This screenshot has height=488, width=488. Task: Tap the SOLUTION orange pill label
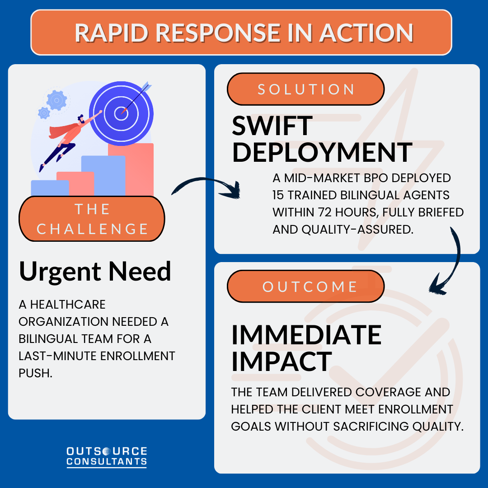tap(305, 89)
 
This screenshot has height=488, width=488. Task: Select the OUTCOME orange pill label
tap(305, 286)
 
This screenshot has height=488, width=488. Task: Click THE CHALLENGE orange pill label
tap(92, 219)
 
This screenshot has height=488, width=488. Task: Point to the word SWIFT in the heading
tap(272, 126)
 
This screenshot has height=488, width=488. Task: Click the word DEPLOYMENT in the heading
tap(322, 152)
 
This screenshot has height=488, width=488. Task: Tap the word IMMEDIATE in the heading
tap(306, 335)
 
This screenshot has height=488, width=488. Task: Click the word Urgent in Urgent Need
tap(60, 272)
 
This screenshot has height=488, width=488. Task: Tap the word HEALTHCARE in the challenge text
tap(62, 305)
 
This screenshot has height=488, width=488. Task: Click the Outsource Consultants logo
tap(107, 456)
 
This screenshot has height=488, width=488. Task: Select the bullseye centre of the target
tap(121, 113)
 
